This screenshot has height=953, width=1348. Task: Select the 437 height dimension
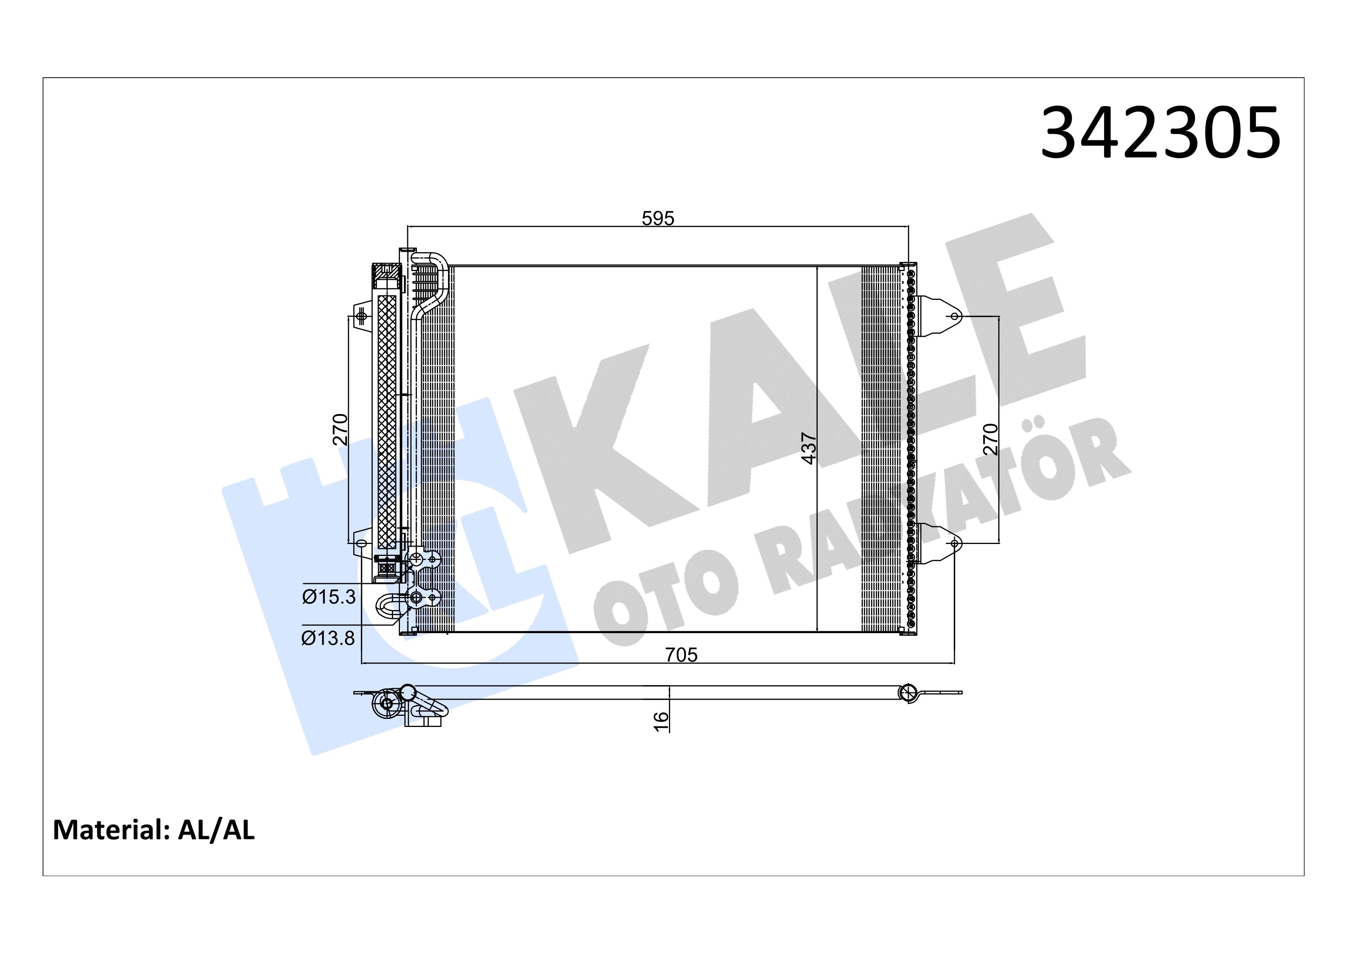809,449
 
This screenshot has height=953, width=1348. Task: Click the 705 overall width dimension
681,654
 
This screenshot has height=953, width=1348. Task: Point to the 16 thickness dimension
661,721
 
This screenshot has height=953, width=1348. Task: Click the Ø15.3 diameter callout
329,597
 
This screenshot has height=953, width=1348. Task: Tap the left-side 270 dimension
340,429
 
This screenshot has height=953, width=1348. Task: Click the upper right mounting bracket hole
955,316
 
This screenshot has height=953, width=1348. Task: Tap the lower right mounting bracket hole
955,543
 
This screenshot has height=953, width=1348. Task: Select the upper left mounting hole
361,316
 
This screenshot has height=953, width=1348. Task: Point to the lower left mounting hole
361,543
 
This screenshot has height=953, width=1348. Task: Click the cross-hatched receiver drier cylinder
387,423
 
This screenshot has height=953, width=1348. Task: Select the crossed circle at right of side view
908,693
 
